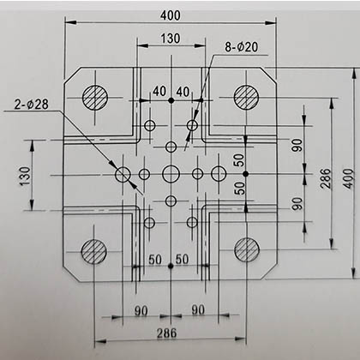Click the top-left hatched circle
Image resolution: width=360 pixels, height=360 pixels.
[x=95, y=98]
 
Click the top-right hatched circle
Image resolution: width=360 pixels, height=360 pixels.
[x=246, y=97]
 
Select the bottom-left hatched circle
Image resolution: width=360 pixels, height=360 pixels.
[x=94, y=251]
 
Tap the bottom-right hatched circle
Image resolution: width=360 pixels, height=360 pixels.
[x=247, y=249]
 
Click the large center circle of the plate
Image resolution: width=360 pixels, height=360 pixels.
[x=171, y=174]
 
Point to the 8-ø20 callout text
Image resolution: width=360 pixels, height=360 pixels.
[x=242, y=47]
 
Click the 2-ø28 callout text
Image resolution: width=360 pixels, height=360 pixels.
[x=32, y=105]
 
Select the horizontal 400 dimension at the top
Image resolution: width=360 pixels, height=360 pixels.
[x=171, y=15]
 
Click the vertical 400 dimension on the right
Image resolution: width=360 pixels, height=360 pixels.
[x=348, y=178]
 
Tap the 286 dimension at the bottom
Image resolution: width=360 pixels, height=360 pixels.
[x=166, y=333]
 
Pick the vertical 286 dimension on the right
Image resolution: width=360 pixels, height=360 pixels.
[x=326, y=178]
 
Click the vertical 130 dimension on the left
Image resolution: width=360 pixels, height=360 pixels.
[x=25, y=176]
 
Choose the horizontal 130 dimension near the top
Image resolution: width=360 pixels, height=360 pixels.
[x=171, y=39]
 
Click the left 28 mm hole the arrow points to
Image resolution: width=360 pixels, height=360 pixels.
[x=123, y=174]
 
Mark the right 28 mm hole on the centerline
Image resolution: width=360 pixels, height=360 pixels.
[x=219, y=173]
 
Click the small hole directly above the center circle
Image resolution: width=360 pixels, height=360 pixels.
[x=171, y=147]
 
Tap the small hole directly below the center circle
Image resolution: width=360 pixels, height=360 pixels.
[x=171, y=201]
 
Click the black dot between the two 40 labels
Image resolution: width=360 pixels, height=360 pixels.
[x=171, y=100]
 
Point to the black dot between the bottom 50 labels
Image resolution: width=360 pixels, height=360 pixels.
[x=171, y=266]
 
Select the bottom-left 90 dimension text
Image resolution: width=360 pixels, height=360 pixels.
[x=141, y=311]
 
